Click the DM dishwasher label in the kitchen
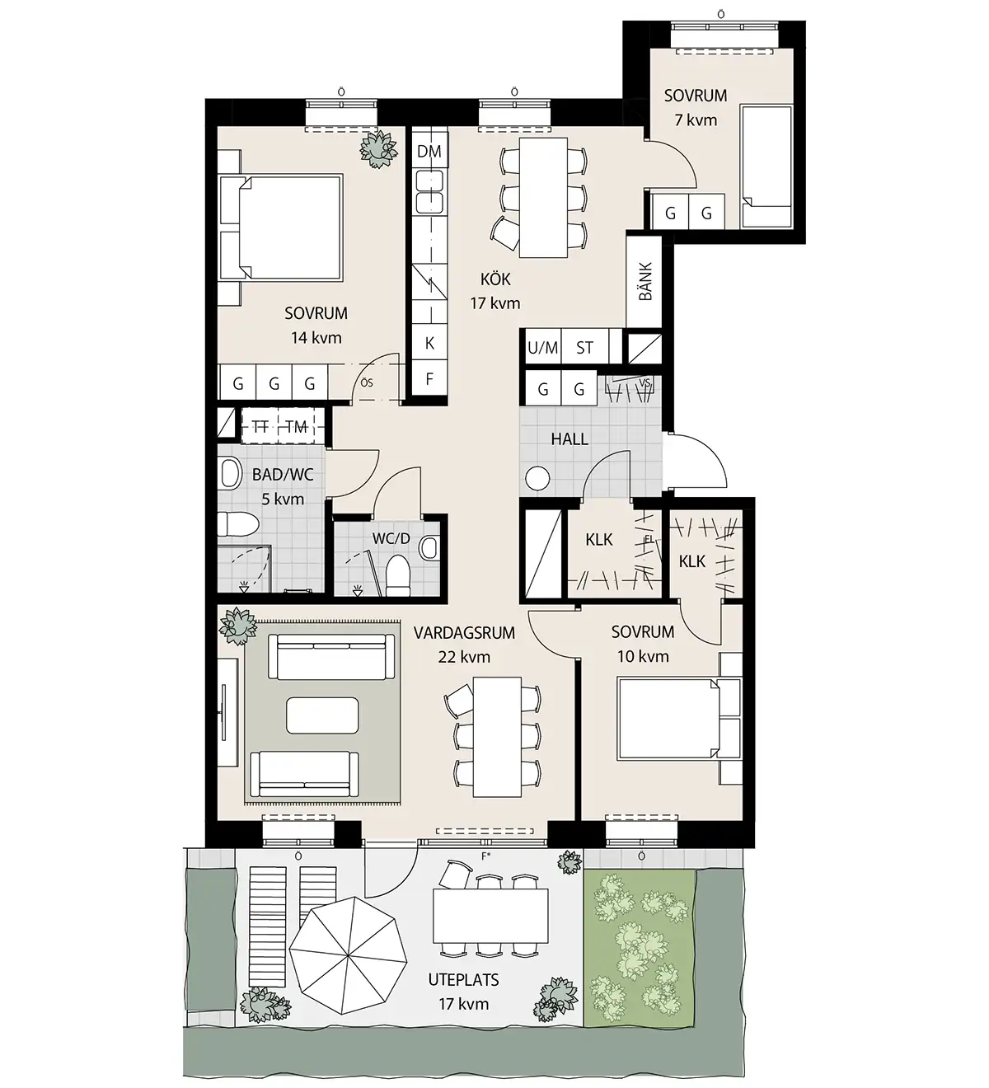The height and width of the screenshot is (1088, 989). (429, 152)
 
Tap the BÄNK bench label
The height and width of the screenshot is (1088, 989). (645, 281)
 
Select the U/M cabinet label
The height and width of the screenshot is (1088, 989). (543, 347)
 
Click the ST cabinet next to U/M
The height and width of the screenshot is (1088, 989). (585, 347)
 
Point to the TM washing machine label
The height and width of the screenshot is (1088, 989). (296, 427)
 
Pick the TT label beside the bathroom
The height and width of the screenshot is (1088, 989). (260, 427)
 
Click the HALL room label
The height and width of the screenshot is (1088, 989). (569, 438)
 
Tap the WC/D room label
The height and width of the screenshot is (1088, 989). (391, 538)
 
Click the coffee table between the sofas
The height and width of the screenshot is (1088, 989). (322, 715)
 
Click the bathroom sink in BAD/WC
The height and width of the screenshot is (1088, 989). (231, 474)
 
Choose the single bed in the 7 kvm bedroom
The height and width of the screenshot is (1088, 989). (766, 166)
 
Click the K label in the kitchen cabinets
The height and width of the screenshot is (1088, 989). (429, 343)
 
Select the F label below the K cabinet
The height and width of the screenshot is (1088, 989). (429, 378)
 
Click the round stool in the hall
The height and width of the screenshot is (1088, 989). (537, 479)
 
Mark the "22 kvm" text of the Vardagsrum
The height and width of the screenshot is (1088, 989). (464, 657)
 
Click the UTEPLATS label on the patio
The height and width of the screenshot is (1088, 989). (463, 979)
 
